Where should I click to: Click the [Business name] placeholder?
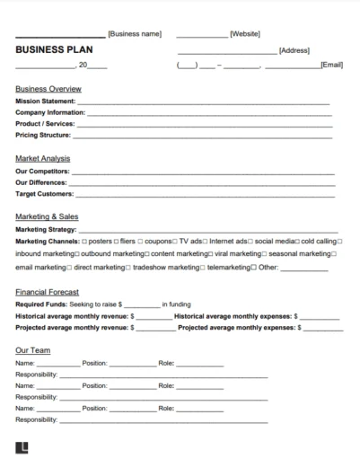point(135,33)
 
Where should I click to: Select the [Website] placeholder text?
point(245,33)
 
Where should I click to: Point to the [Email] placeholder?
point(331,66)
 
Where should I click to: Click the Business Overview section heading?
point(48,89)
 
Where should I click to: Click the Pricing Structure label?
point(43,135)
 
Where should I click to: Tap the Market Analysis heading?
point(43,159)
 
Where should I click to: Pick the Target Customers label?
point(44,192)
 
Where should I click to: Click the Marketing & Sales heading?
point(48,216)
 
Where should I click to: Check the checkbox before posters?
point(84,242)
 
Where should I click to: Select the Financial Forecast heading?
point(47,292)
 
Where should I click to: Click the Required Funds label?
point(42,304)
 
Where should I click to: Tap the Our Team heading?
point(32,351)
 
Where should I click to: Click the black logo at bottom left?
point(21,447)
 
